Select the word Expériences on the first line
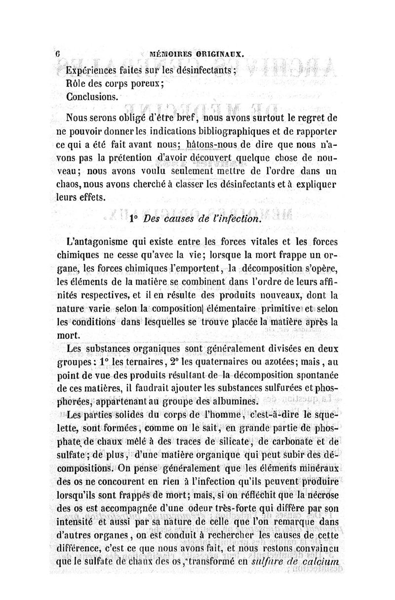(x=94, y=70)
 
